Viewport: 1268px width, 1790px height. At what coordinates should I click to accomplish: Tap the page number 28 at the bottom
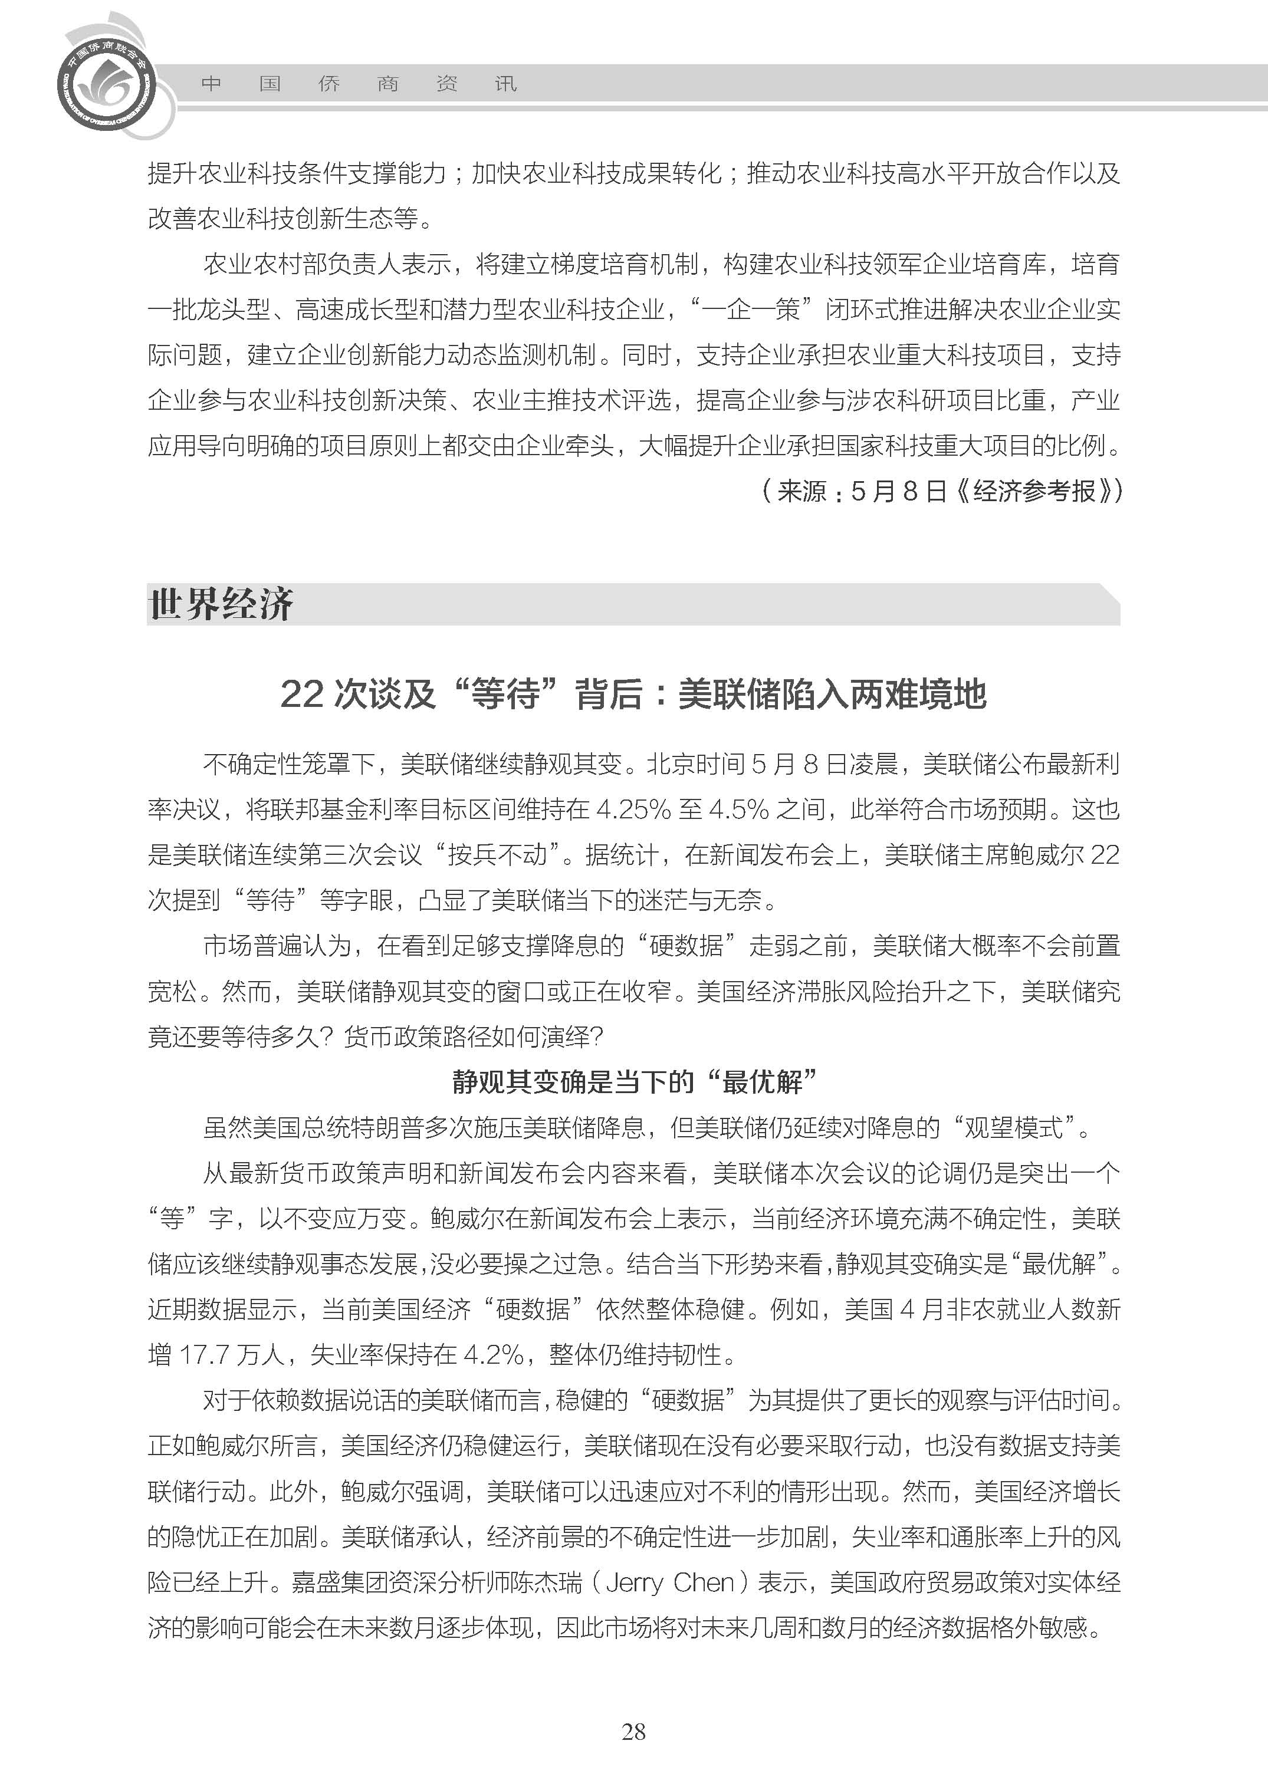[x=633, y=1732]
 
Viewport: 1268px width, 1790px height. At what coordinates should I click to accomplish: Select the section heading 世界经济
[x=221, y=604]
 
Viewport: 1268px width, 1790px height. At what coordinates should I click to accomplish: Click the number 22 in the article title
[x=301, y=694]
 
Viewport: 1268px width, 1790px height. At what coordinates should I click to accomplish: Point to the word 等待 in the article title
[x=506, y=694]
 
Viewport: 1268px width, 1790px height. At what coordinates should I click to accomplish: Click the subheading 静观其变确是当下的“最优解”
[x=633, y=1082]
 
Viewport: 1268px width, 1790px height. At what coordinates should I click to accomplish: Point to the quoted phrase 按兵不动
[x=497, y=855]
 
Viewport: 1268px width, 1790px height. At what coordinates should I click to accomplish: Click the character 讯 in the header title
[x=506, y=84]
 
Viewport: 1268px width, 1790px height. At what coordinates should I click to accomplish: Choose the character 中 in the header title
[x=211, y=84]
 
